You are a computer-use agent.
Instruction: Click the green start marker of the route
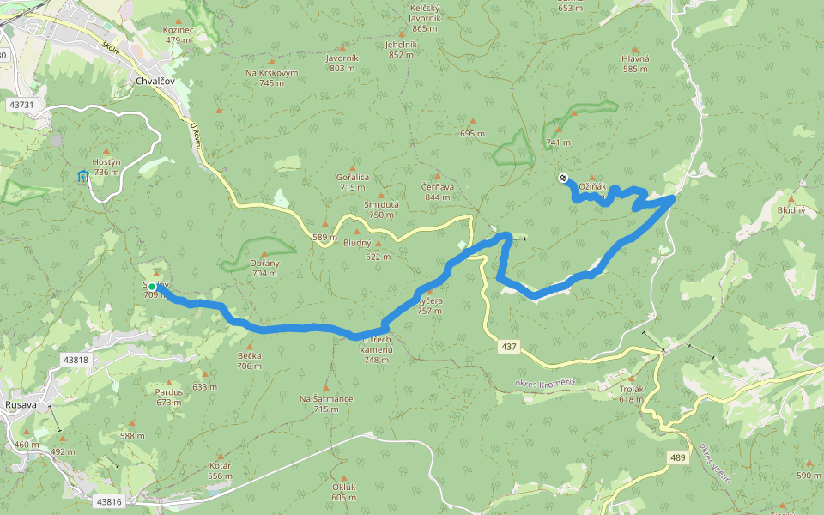152,287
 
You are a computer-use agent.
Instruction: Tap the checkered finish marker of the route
563,178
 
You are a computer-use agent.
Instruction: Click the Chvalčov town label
155,82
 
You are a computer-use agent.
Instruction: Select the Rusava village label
20,404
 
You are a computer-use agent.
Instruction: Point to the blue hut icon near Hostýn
83,177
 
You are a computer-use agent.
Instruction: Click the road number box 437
509,346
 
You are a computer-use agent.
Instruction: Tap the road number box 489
678,457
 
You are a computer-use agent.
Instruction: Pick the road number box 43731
21,105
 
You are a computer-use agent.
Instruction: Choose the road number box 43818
76,360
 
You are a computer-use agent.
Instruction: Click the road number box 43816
109,501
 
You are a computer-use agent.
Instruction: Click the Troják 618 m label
631,394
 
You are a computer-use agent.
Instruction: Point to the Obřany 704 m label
264,268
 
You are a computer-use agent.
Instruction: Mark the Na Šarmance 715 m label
326,403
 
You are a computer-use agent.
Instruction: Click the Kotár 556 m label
220,470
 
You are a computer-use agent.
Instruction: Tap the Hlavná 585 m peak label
635,63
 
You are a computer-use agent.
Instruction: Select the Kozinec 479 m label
178,34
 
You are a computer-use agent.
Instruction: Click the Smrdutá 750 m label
381,209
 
